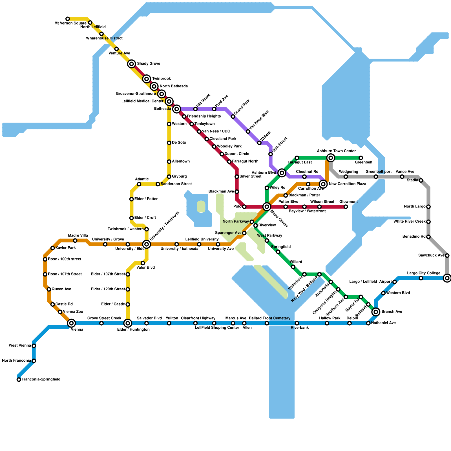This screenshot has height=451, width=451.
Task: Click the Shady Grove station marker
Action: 131,64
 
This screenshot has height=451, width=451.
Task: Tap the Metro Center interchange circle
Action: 267,207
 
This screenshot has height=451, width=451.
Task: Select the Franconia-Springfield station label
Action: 41,379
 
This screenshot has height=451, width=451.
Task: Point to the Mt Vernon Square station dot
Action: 68,19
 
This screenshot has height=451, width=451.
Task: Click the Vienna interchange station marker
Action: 72,323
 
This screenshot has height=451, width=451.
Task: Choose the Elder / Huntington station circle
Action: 128,323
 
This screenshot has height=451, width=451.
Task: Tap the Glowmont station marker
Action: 346,207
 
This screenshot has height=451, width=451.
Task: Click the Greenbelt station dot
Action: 361,158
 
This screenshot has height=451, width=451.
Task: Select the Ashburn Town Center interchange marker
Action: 331,158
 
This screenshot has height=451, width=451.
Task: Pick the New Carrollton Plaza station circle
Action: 323,184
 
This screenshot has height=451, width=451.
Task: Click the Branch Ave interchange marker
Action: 376,312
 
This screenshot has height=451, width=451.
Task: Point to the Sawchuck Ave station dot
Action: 447,256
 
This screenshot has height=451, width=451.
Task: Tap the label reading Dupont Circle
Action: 237,154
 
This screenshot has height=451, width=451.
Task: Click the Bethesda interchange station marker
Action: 177,109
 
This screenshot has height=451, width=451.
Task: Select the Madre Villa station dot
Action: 75,240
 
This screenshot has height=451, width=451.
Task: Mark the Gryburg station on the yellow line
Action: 169,177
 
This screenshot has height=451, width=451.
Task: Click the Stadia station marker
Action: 421,180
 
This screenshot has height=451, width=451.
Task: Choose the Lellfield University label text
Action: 202,239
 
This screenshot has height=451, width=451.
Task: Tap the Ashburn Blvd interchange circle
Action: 282,173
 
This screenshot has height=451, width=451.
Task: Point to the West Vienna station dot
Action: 34,346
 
